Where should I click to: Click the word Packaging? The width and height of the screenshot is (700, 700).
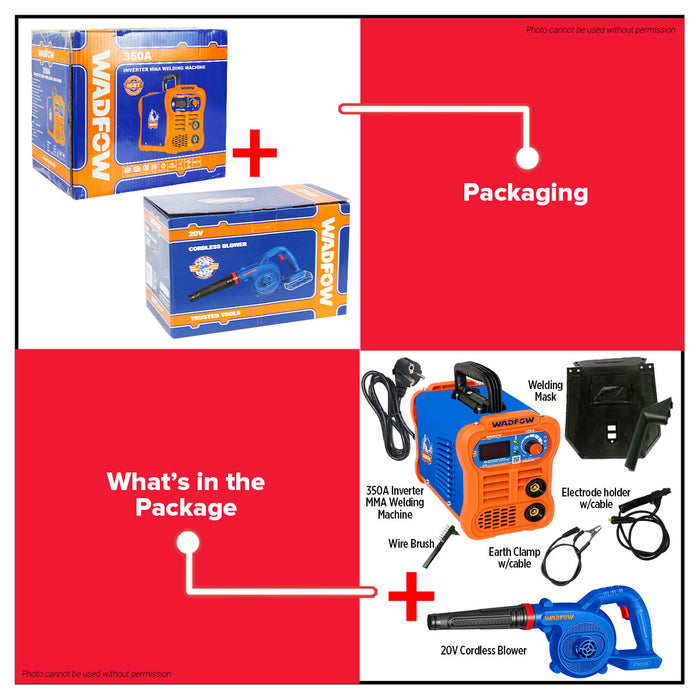pyautogui.click(x=525, y=192)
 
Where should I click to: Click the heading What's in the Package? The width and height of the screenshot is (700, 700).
pyautogui.click(x=186, y=494)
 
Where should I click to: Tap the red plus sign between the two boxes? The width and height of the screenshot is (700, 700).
pyautogui.click(x=255, y=156)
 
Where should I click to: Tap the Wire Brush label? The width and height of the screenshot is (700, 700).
pyautogui.click(x=411, y=545)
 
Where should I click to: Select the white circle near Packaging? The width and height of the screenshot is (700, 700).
pyautogui.click(x=529, y=157)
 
